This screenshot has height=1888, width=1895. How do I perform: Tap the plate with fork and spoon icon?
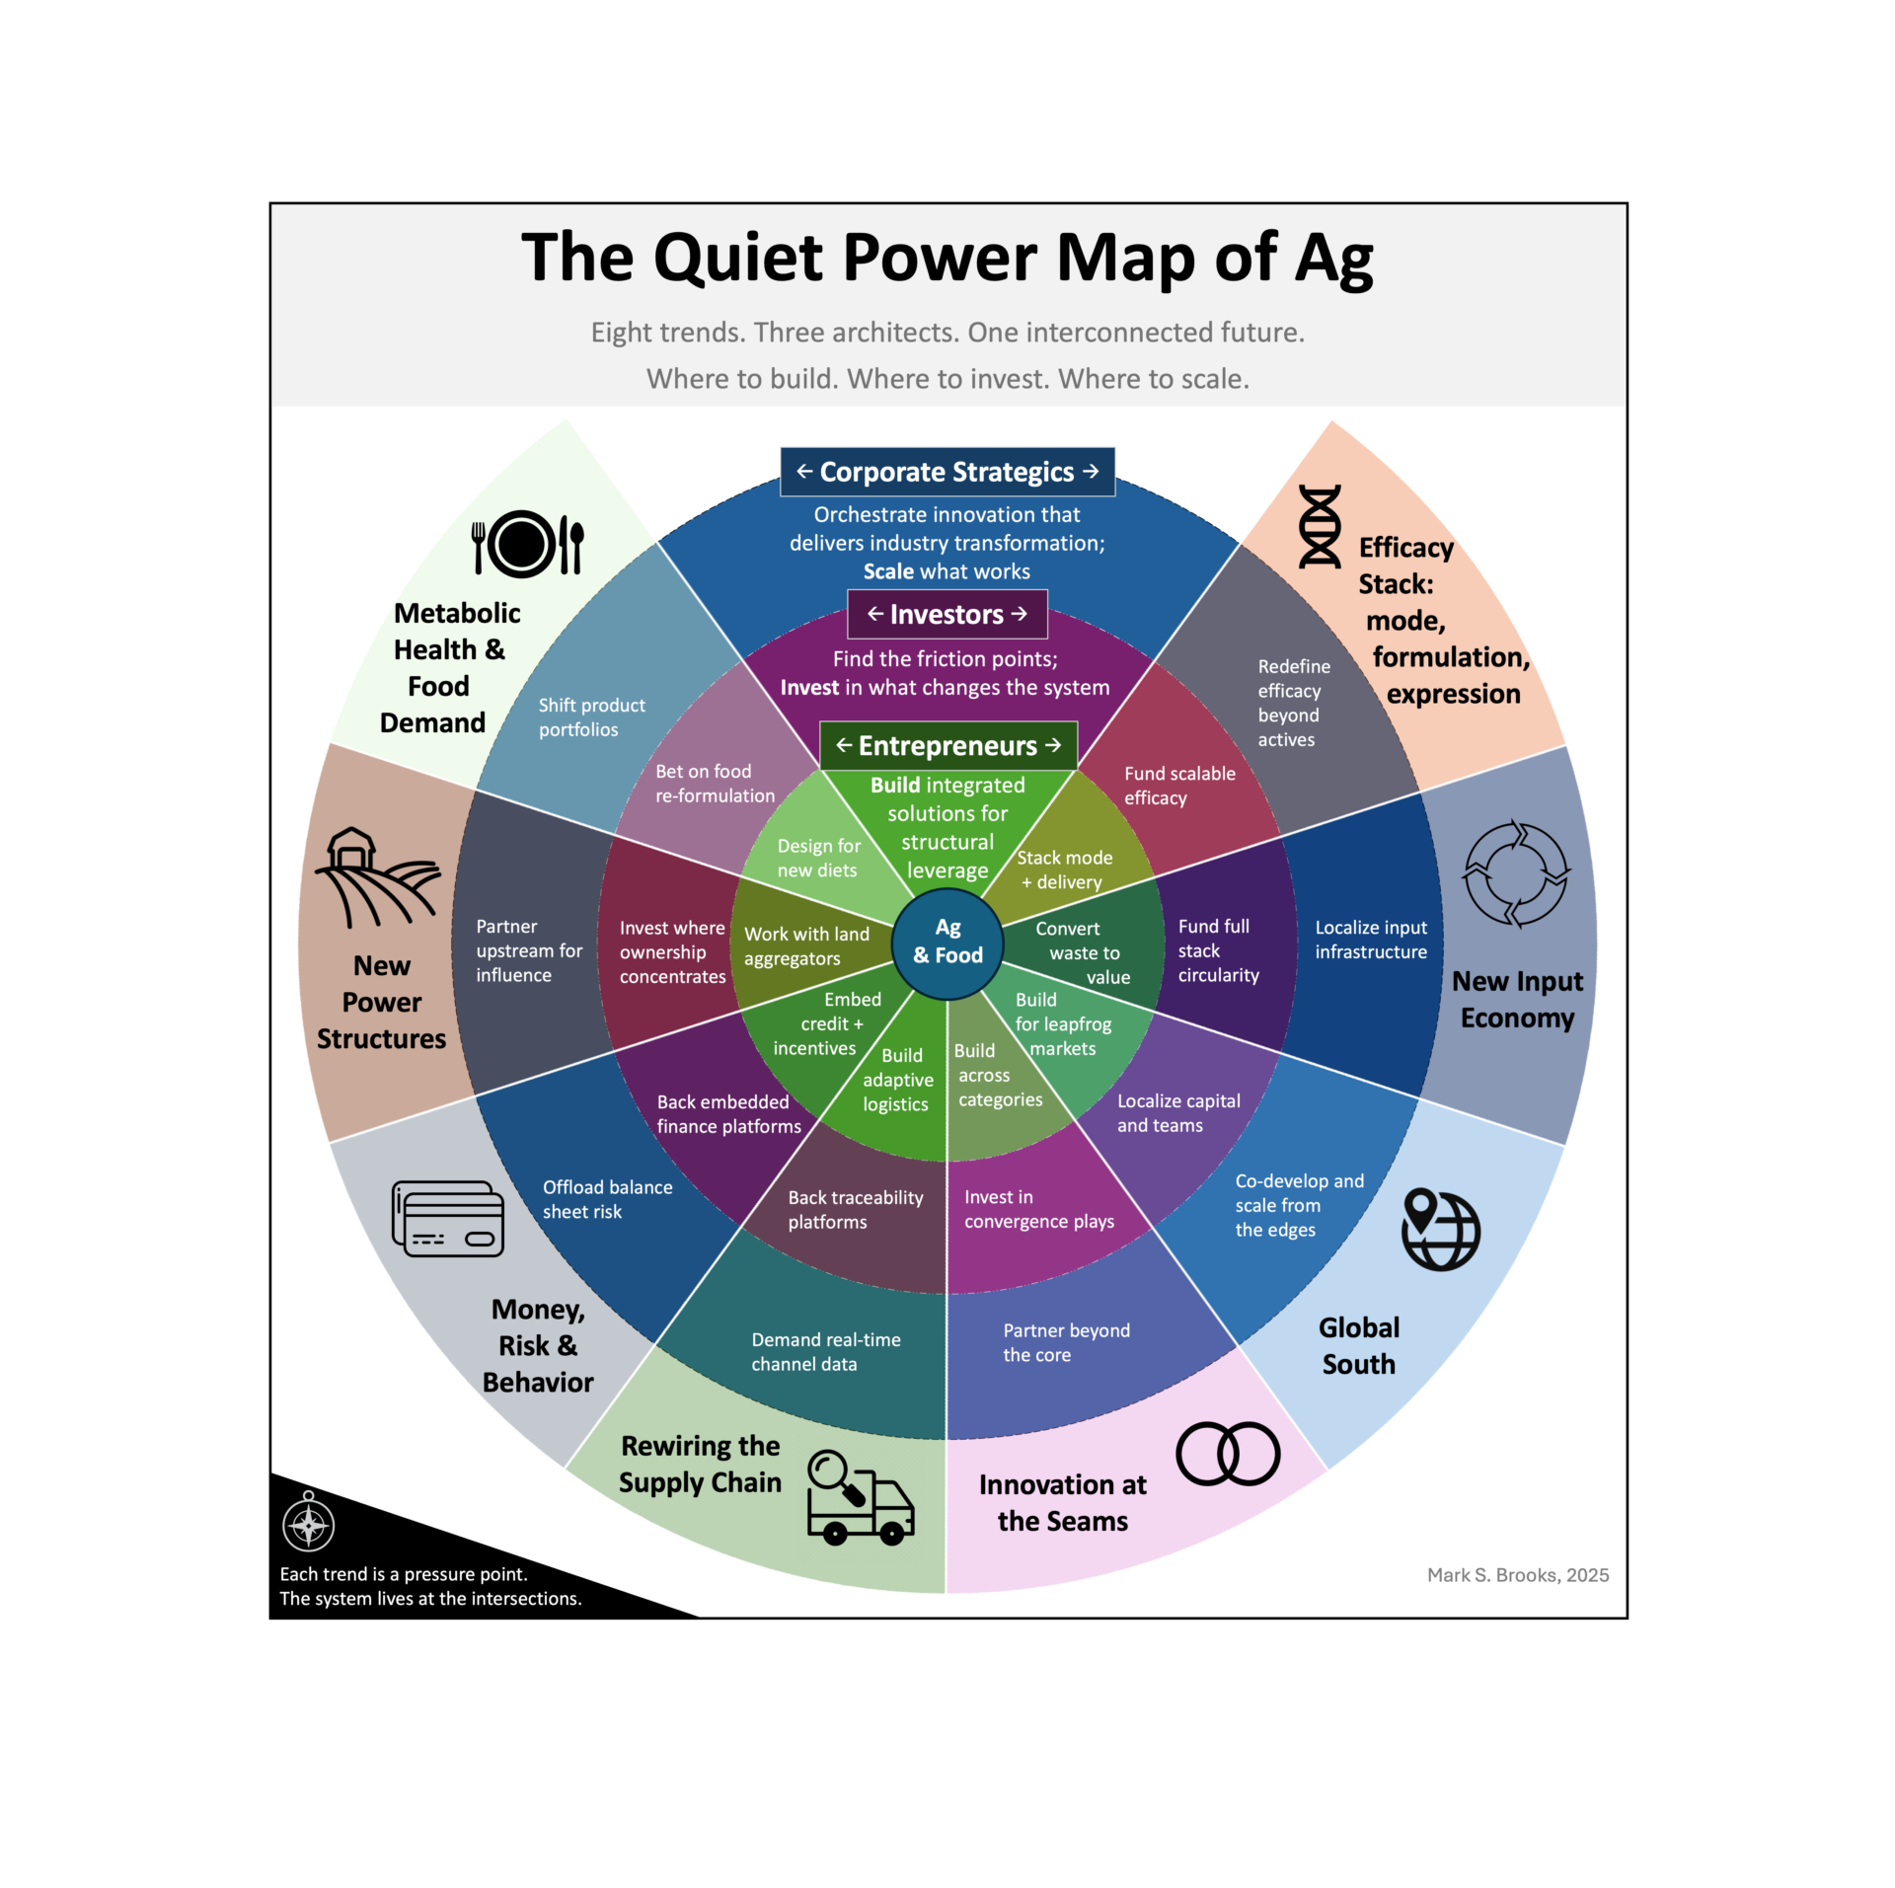tap(527, 543)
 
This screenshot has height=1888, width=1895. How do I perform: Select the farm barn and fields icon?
tap(376, 876)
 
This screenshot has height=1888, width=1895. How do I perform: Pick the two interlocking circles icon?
tap(1228, 1453)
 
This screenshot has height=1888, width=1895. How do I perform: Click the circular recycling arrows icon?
tap(1516, 873)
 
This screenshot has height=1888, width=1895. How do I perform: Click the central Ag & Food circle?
tap(947, 942)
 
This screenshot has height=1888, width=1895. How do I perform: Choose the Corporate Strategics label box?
tap(947, 472)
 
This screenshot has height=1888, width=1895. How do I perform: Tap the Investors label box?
tap(947, 614)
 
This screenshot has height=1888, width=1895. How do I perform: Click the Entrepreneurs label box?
tap(947, 745)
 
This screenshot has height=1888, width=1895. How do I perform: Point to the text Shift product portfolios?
tap(591, 717)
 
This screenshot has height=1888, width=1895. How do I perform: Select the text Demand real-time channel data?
tap(825, 1351)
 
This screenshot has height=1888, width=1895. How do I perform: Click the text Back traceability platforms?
tap(855, 1209)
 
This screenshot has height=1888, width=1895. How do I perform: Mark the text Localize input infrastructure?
tap(1370, 940)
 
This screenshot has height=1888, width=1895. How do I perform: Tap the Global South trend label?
tap(1358, 1345)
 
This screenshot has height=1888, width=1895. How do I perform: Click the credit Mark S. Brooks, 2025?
tap(1517, 1574)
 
